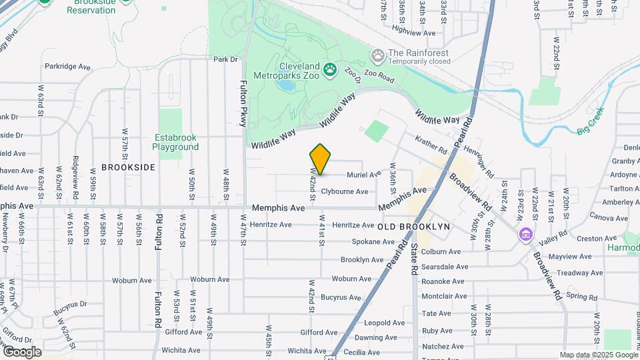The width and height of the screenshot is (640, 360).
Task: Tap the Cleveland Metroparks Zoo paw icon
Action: tap(329, 68)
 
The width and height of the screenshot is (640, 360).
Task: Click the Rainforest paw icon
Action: tap(378, 53)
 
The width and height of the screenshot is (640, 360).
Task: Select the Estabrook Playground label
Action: tap(175, 142)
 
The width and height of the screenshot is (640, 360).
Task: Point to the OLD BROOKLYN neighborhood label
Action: tap(414, 227)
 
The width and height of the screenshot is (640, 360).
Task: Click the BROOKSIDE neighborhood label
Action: tap(128, 167)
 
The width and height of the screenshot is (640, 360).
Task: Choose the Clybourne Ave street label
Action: tap(344, 191)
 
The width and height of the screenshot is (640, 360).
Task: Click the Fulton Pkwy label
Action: tap(243, 103)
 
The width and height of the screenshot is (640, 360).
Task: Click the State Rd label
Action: tap(414, 259)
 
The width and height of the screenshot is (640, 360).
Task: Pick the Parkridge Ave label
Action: tap(67, 67)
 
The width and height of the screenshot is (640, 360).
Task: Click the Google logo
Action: tap(22, 351)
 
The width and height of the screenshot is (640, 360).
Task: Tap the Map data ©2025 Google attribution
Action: tap(599, 355)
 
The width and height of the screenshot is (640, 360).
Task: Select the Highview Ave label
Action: tap(413, 32)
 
